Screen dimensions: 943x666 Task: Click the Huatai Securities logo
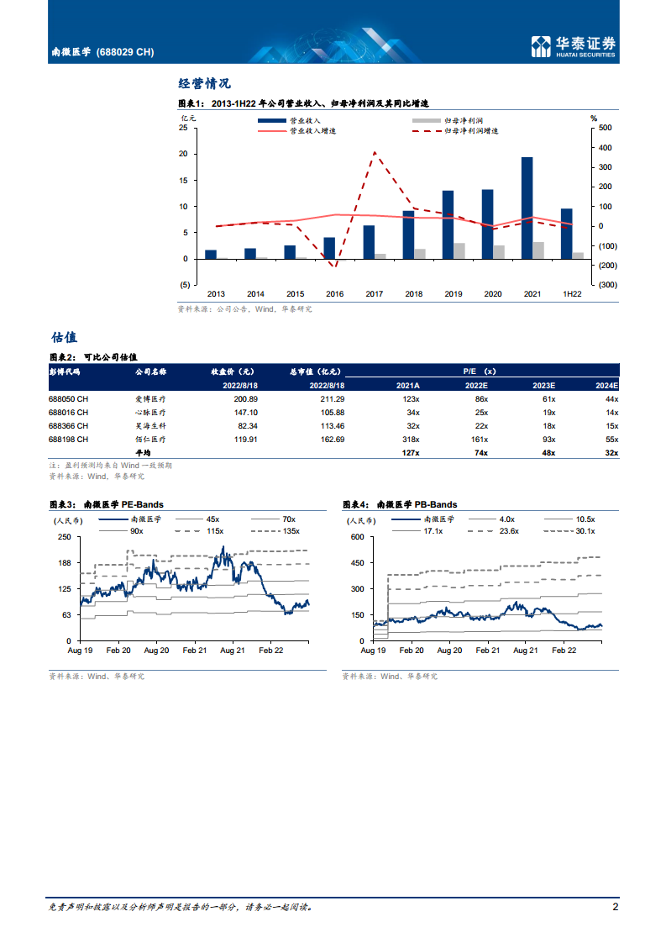click(574, 46)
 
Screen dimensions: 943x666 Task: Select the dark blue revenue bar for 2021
click(527, 208)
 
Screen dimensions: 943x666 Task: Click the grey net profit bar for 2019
click(459, 250)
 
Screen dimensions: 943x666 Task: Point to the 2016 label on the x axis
click(334, 294)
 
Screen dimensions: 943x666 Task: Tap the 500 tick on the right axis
click(604, 129)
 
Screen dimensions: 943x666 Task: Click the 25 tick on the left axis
click(183, 129)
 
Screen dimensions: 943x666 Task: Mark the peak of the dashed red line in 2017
click(374, 152)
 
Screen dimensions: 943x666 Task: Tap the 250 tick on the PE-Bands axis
click(63, 537)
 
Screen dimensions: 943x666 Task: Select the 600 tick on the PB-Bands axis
click(356, 537)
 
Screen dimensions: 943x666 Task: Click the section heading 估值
click(64, 337)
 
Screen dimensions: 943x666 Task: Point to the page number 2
click(616, 907)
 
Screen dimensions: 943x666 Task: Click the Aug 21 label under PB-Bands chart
click(525, 651)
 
